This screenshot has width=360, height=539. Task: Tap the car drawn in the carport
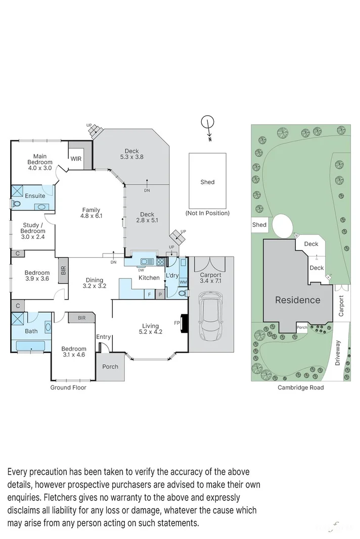click(x=210, y=316)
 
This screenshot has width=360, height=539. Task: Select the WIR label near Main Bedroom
click(x=76, y=159)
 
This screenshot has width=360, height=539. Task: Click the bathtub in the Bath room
click(x=30, y=346)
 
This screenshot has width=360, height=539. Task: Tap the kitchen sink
click(x=148, y=262)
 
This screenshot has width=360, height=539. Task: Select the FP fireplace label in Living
click(x=177, y=322)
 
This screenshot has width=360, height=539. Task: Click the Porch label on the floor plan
click(x=110, y=367)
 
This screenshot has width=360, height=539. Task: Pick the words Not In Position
click(x=207, y=213)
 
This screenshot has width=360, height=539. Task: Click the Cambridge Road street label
click(x=300, y=387)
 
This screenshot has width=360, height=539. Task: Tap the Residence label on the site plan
click(x=297, y=300)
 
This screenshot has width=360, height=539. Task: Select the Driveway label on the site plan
click(x=338, y=352)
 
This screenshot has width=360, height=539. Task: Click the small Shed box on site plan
click(x=259, y=225)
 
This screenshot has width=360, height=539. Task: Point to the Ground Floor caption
click(x=68, y=387)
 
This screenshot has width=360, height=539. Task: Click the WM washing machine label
click(x=183, y=281)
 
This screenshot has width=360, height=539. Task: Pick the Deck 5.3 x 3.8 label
click(x=131, y=154)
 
